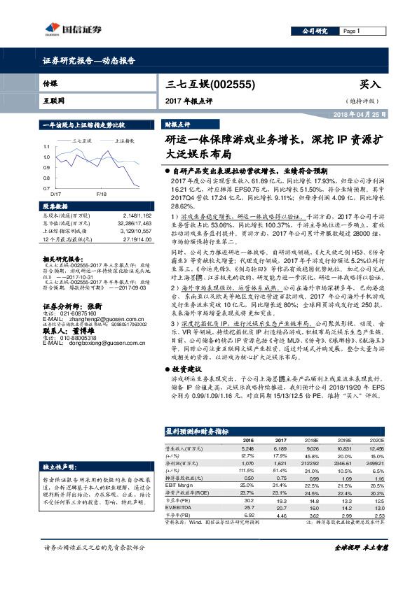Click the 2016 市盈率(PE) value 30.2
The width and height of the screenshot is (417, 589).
pos(247,501)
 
